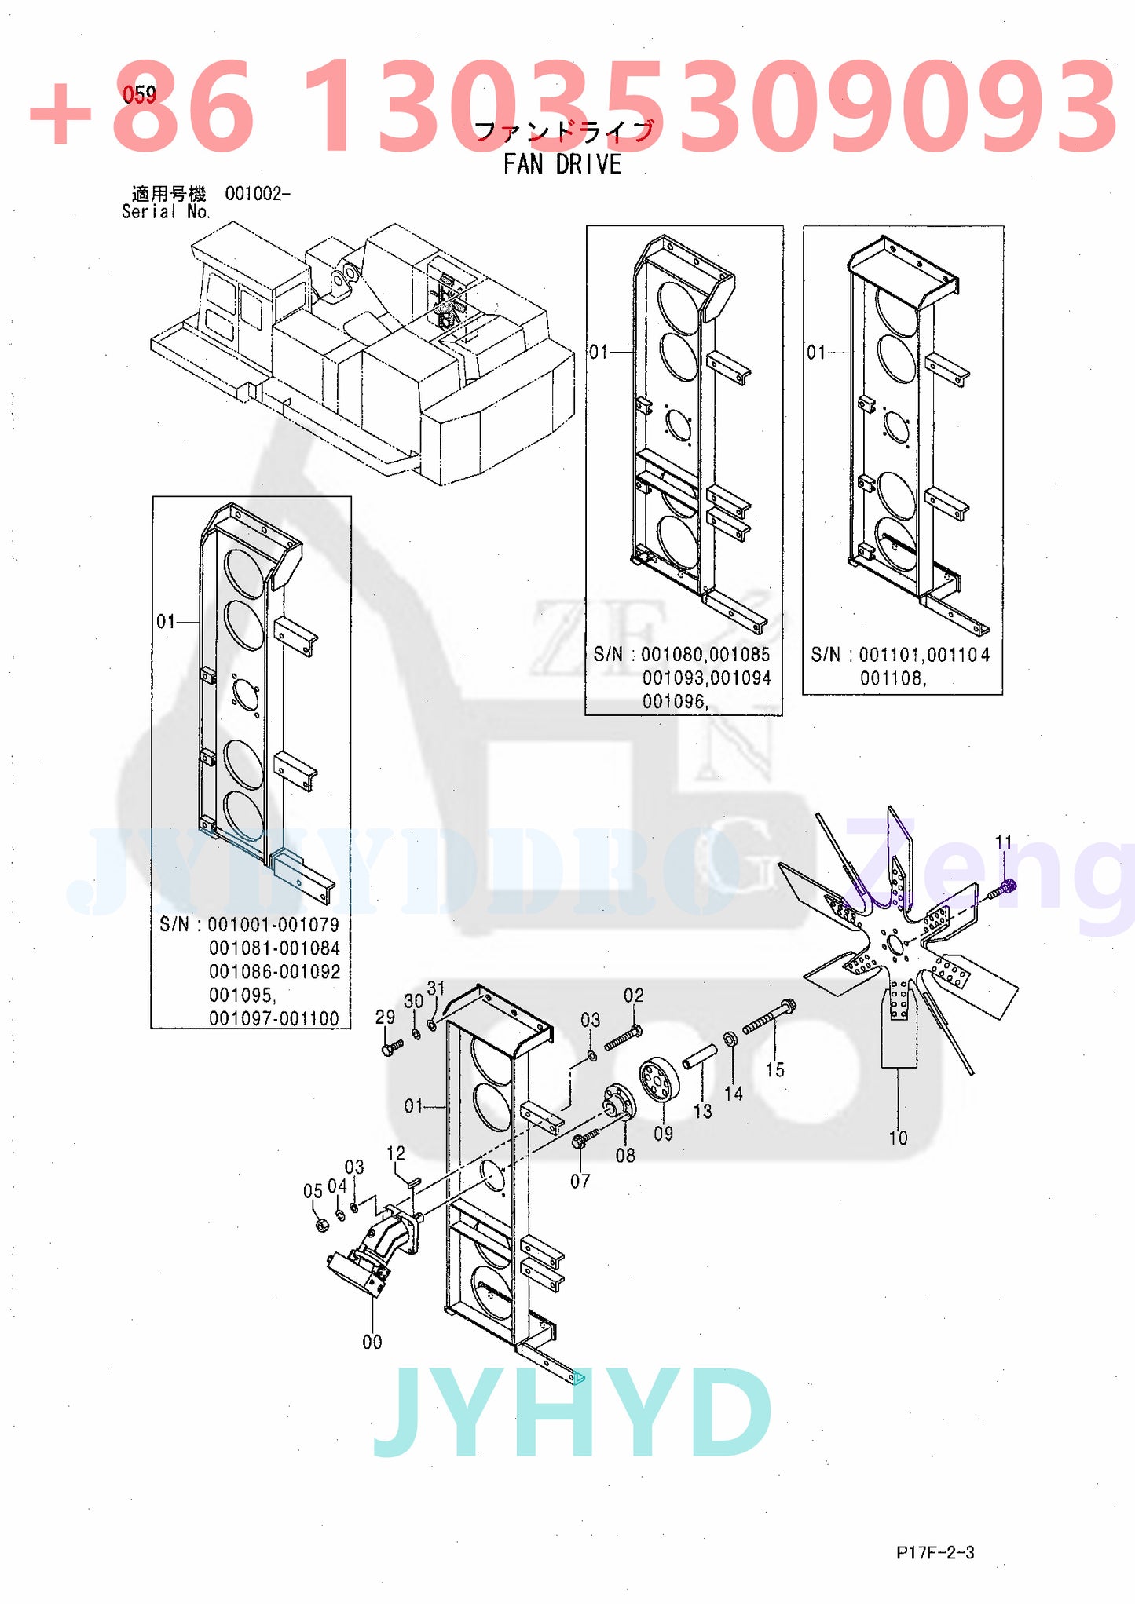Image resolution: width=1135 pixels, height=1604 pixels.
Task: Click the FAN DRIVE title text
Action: tap(562, 164)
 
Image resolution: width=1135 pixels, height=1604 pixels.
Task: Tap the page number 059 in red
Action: tap(139, 95)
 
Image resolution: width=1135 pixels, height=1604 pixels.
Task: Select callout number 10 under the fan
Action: tap(897, 1138)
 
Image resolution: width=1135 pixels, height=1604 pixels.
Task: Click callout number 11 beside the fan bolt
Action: tap(1003, 842)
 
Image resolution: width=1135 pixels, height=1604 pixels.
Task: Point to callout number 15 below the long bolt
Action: tap(774, 1069)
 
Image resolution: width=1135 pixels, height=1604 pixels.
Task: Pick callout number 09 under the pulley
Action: tap(663, 1133)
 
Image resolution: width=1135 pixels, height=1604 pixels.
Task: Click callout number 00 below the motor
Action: tap(372, 1342)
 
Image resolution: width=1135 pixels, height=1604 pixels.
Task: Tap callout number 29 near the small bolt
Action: tap(385, 1017)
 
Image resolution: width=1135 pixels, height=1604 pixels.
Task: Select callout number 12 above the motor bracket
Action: tap(395, 1153)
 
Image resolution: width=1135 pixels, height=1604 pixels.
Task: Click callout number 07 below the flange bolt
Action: tap(580, 1180)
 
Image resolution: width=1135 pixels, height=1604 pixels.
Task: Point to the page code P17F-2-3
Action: tap(935, 1552)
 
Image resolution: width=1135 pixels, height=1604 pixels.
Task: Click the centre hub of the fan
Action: tap(895, 944)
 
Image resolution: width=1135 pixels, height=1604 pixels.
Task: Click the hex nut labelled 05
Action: tap(320, 1225)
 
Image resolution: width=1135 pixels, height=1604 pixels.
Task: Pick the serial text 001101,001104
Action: tap(924, 655)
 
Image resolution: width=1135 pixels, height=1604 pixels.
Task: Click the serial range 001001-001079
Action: tap(273, 925)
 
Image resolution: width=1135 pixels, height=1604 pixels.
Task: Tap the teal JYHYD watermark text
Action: tap(572, 1414)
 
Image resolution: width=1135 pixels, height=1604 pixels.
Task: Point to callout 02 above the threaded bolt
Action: tap(633, 996)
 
